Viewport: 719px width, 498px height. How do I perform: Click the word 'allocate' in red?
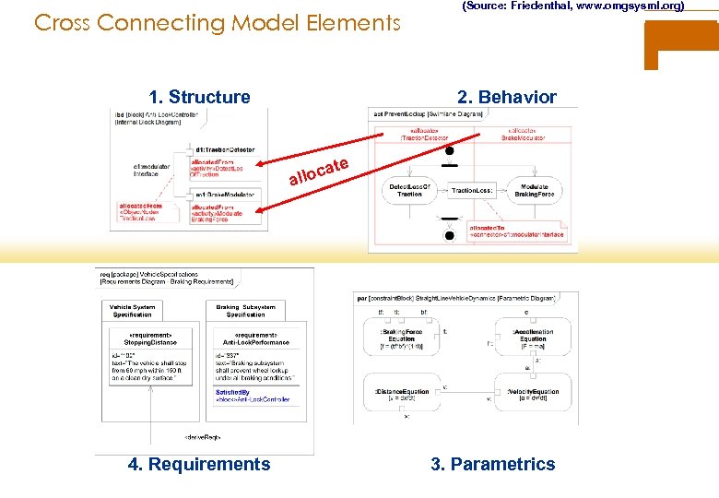pos(319,171)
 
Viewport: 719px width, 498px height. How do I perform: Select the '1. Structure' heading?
pos(199,98)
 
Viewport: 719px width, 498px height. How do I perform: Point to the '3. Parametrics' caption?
pos(493,464)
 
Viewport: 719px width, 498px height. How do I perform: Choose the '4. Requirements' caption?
pos(199,464)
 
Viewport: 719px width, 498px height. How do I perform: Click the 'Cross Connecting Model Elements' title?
pos(218,22)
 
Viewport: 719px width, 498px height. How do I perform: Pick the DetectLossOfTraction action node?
pos(410,189)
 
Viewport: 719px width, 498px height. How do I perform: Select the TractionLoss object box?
pos(473,190)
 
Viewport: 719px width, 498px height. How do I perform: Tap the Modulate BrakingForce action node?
pos(534,189)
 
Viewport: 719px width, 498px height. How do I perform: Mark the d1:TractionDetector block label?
pos(225,149)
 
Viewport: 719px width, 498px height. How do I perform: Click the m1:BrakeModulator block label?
pos(224,195)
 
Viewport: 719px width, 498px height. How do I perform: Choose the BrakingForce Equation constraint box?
pos(401,336)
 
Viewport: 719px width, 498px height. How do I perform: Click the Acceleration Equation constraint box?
pos(533,336)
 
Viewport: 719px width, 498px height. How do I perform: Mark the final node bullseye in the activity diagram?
pos(450,235)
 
